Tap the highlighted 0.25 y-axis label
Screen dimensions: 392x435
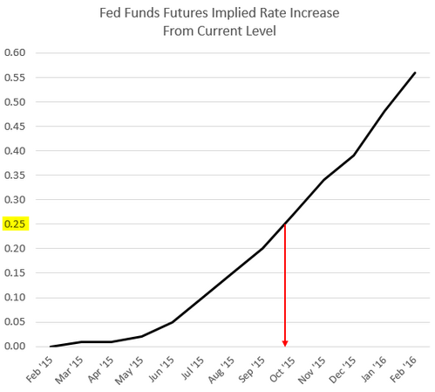click(17, 224)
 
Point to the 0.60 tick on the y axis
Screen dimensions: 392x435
click(17, 52)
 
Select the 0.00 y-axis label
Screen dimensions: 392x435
click(17, 347)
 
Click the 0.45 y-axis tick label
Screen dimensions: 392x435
click(17, 126)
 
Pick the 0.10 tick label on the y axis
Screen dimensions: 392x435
click(17, 298)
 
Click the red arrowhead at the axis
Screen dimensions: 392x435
click(285, 343)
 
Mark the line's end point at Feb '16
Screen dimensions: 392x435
click(415, 72)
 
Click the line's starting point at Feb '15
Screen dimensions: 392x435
click(51, 347)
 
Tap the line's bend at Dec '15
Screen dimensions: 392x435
click(354, 155)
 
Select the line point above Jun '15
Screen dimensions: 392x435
click(172, 322)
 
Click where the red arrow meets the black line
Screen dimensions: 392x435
click(285, 224)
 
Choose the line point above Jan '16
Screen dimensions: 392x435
click(384, 112)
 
